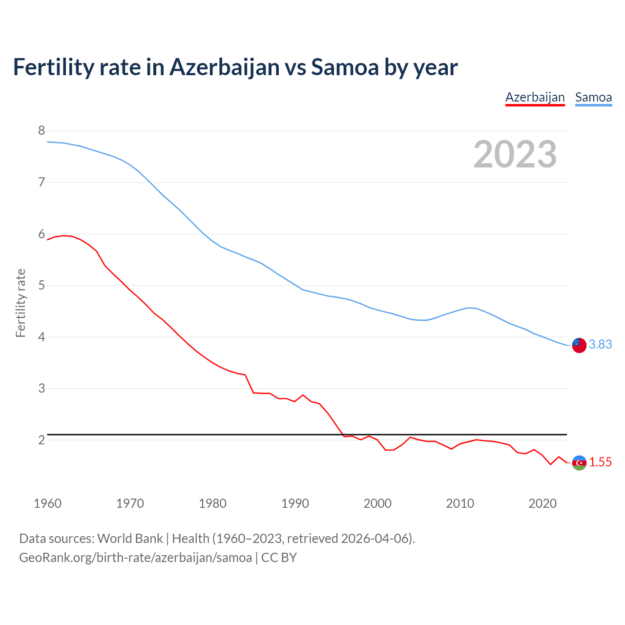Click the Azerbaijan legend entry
pyautogui.click(x=535, y=97)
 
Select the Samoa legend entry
pyautogui.click(x=593, y=97)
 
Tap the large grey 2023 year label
pyautogui.click(x=515, y=154)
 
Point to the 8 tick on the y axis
pyautogui.click(x=42, y=130)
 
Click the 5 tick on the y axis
pyautogui.click(x=42, y=285)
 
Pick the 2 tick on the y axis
pyautogui.click(x=42, y=440)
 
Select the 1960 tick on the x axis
pyautogui.click(x=47, y=503)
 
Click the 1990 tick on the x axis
pyautogui.click(x=295, y=503)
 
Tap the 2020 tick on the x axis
pyautogui.click(x=542, y=503)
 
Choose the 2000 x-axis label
pyautogui.click(x=377, y=503)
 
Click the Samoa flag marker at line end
pyautogui.click(x=579, y=345)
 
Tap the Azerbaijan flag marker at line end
pyautogui.click(x=579, y=462)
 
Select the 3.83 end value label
pyautogui.click(x=600, y=345)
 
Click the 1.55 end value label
pyautogui.click(x=600, y=462)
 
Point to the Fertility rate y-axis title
pyautogui.click(x=21, y=303)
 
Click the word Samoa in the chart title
pyautogui.click(x=345, y=67)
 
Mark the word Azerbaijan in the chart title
pyautogui.click(x=224, y=67)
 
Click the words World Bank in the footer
pyautogui.click(x=130, y=539)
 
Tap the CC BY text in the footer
pyautogui.click(x=279, y=558)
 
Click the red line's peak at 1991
pyautogui.click(x=303, y=395)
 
